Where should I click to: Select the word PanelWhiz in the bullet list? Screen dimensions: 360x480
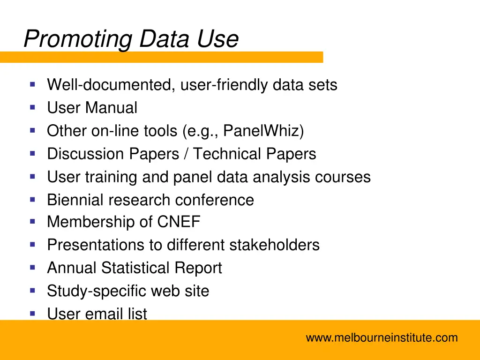point(263,131)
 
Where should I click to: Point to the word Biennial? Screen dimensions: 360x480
point(75,200)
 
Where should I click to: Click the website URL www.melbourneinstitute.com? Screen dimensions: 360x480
point(382,337)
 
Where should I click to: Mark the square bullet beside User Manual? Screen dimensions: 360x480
point(32,107)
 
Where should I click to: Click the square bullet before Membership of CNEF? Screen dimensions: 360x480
point(32,221)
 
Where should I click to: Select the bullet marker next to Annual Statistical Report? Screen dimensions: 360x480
point(32,267)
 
